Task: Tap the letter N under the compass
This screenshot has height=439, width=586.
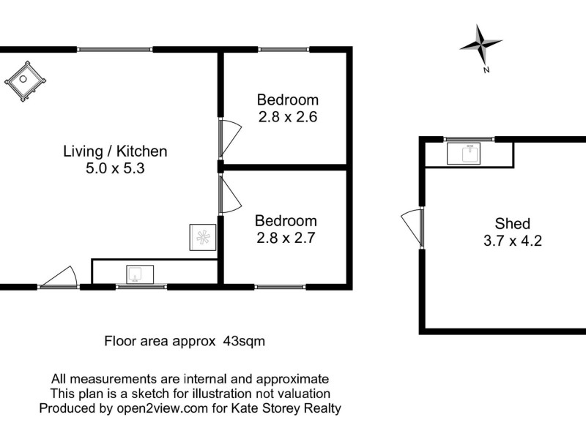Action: click(x=486, y=70)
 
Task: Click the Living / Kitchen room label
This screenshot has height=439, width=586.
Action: click(x=115, y=151)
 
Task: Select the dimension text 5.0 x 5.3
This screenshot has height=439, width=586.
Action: click(x=115, y=168)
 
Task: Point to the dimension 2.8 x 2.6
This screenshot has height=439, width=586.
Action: click(x=287, y=116)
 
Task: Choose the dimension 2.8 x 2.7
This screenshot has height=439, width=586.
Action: click(x=286, y=236)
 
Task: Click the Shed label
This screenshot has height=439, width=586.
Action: click(x=512, y=224)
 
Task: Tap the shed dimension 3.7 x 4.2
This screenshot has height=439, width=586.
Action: click(x=512, y=241)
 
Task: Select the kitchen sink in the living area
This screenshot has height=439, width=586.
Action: click(x=137, y=274)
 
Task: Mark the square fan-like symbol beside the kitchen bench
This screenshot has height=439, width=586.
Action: click(x=203, y=236)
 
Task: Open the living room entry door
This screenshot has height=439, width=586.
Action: click(x=59, y=277)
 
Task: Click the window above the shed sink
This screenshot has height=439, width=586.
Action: click(x=469, y=139)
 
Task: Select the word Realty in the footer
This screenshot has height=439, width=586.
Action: click(x=320, y=408)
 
